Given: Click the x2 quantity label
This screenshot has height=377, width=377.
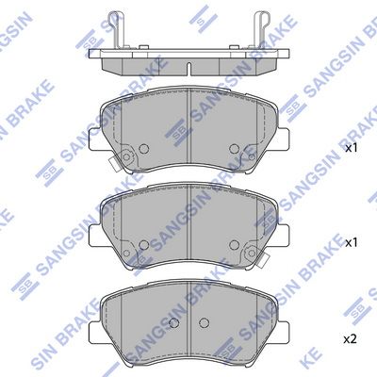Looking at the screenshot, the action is (351, 339).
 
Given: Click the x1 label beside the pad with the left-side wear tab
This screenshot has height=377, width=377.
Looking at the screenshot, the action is (352, 148).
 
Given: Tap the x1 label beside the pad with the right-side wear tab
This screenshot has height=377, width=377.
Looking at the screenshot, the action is (352, 242).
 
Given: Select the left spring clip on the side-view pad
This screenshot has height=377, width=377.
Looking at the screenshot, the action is (115, 30).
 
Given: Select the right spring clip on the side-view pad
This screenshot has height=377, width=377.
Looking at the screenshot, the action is (261, 30).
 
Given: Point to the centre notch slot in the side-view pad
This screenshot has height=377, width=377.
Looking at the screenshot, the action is (188, 69).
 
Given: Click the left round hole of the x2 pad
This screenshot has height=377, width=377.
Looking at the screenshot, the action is (173, 322).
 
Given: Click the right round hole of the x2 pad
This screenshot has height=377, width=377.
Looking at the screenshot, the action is (204, 322).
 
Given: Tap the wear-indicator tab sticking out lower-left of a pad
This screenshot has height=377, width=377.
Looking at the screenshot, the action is (114, 163).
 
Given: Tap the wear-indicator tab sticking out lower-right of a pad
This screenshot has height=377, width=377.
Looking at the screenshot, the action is (263, 260).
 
